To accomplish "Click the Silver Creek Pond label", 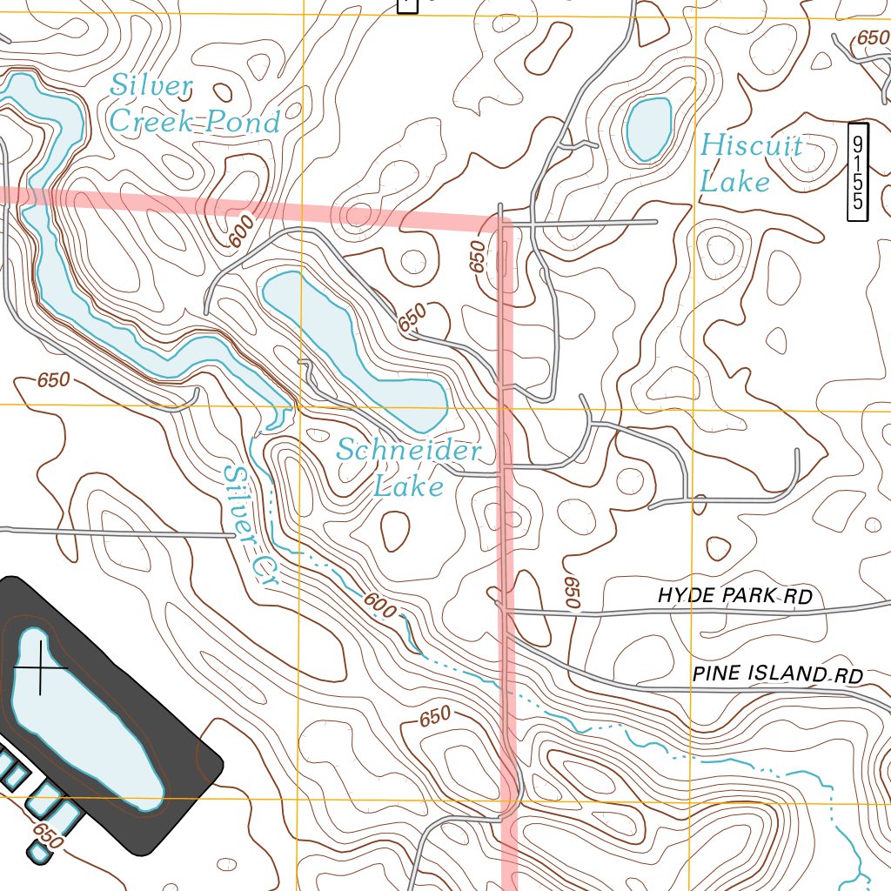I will pyautogui.click(x=195, y=104).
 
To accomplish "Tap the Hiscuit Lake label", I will pyautogui.click(x=751, y=163).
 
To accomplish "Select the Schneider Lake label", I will pyautogui.click(x=409, y=467).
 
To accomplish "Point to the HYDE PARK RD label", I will pyautogui.click(x=735, y=596).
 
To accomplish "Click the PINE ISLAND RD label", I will pyautogui.click(x=777, y=675).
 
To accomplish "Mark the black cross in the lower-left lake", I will pyautogui.click(x=40, y=667).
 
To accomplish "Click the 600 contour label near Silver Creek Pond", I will pyautogui.click(x=242, y=231).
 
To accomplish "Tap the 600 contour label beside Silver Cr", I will pyautogui.click(x=379, y=606).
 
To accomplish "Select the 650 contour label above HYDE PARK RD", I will pyautogui.click(x=572, y=592).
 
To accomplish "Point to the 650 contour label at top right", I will pyautogui.click(x=870, y=38).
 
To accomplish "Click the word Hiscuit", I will pyautogui.click(x=751, y=145).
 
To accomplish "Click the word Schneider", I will pyautogui.click(x=409, y=451).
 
